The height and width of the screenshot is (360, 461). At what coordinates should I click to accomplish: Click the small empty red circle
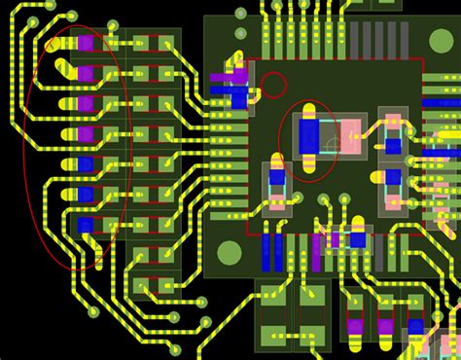274,85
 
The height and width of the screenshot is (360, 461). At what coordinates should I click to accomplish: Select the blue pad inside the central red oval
309,137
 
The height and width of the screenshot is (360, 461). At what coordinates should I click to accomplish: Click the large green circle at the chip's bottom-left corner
230,254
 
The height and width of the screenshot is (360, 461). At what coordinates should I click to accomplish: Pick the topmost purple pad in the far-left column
86,43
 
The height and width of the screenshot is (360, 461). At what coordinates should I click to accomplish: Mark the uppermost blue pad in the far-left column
86,164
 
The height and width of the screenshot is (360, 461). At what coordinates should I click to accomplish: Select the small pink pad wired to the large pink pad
392,126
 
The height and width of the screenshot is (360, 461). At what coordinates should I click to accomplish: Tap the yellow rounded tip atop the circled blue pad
309,110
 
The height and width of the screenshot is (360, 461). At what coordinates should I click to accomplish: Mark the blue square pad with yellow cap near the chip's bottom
357,237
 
